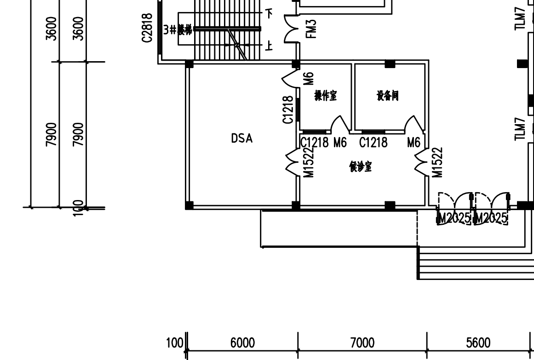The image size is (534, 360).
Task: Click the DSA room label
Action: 241,138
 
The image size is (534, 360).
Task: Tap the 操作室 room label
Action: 326,96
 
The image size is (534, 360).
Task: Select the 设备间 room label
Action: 387,96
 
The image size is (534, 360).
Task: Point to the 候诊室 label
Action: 361,167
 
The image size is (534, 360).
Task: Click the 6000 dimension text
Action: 242,343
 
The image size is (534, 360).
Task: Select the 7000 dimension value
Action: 362,343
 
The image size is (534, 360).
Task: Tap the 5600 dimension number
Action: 478,343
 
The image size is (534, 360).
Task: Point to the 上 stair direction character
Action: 269,46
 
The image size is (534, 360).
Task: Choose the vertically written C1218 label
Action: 288,109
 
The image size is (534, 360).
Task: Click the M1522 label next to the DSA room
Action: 309,162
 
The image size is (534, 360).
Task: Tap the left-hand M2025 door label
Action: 454,218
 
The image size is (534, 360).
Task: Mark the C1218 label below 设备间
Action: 373,143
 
